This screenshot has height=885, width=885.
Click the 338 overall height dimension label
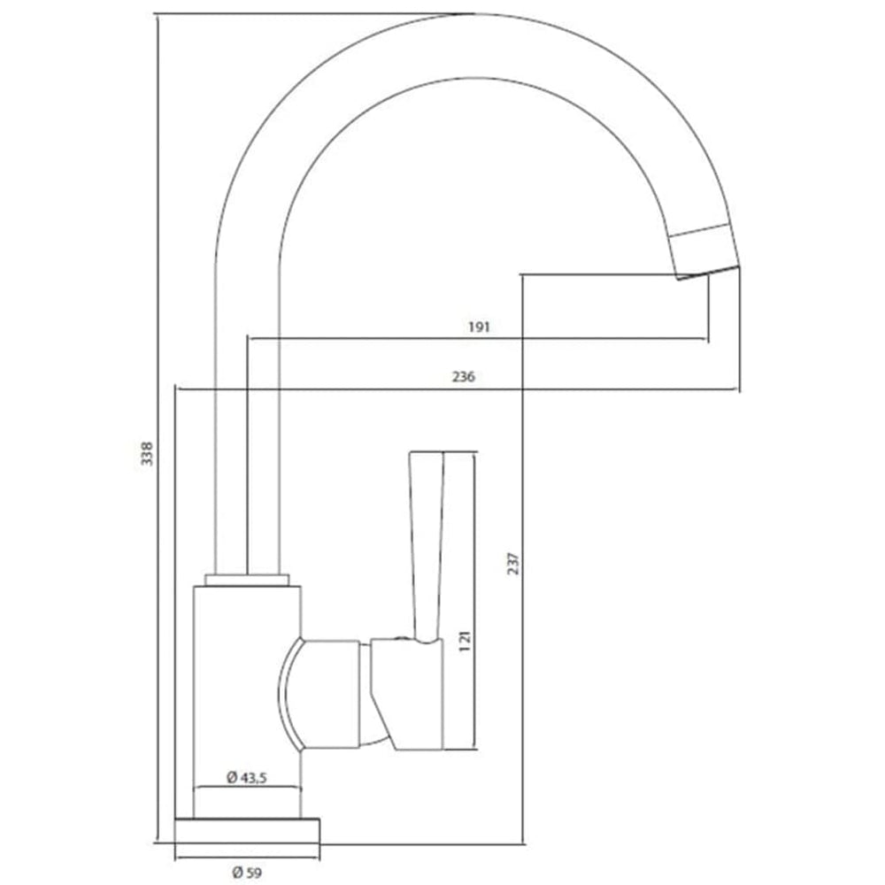(x=147, y=453)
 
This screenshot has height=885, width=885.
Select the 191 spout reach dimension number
(x=479, y=327)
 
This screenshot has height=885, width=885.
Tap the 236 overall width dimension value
(x=464, y=376)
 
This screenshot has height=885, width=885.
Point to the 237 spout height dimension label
(x=513, y=563)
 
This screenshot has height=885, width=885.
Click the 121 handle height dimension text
(x=465, y=641)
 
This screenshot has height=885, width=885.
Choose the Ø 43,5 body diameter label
(x=247, y=777)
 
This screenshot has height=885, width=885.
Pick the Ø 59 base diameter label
(x=247, y=872)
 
